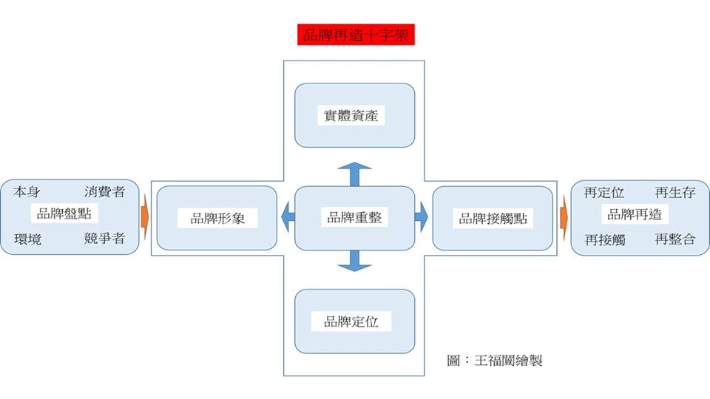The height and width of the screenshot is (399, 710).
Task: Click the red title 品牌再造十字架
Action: click(356, 35)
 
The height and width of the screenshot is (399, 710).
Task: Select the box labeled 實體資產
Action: click(354, 115)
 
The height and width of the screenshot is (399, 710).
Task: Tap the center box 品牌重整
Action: click(354, 218)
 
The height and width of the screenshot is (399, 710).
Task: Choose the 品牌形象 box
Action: click(217, 218)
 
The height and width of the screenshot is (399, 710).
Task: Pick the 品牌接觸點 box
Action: click(492, 218)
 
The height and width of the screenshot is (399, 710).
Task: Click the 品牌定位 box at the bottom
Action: click(354, 321)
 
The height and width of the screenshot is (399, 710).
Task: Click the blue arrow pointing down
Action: click(354, 261)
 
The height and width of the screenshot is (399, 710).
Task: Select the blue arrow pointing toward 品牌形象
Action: click(287, 218)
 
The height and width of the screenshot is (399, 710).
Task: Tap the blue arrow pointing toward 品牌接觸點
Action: click(422, 218)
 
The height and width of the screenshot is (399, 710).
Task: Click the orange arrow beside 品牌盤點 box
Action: click(144, 218)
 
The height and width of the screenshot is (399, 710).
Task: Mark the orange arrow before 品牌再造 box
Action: click(564, 218)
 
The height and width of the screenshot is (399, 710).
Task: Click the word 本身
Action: click(28, 192)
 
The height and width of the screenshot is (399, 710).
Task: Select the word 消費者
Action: click(104, 192)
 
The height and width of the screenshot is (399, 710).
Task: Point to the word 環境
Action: click(28, 239)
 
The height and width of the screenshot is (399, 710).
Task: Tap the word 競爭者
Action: click(104, 239)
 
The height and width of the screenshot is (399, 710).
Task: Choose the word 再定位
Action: click(604, 193)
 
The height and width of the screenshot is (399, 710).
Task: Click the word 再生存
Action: click(674, 193)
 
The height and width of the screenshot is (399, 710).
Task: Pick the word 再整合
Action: click(674, 239)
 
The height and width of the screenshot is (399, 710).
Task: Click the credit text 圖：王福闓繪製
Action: click(495, 361)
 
